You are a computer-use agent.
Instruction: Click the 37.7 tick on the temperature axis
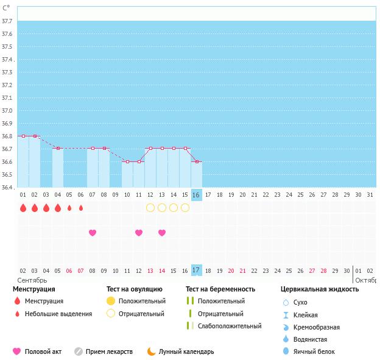7,21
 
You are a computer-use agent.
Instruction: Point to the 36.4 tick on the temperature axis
7,187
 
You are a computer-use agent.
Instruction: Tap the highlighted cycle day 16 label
196,195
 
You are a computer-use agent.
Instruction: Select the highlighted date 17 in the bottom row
196,270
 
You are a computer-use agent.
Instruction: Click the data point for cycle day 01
23,136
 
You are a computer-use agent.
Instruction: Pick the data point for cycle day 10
127,161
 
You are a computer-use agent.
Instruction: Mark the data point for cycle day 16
196,161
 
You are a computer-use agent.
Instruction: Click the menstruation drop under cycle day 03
46,208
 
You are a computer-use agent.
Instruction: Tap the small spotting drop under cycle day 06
81,208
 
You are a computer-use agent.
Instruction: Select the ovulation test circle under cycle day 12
150,208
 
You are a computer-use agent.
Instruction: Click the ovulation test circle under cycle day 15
185,208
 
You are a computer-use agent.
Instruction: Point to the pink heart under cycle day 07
93,233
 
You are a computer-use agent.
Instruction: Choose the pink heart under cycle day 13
162,233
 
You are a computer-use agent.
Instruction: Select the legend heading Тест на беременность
220,289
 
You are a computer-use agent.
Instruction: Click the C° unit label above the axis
6,7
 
